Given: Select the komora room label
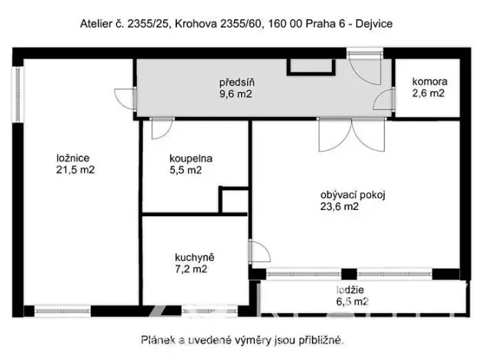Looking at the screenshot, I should click(x=429, y=82).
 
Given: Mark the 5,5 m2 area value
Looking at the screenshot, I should click(x=185, y=171).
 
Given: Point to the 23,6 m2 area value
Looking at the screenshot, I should click(x=339, y=206).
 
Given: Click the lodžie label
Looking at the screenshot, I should click(x=351, y=290).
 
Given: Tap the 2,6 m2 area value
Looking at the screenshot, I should click(x=429, y=94).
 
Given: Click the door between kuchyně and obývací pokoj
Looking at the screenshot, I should click(x=259, y=252).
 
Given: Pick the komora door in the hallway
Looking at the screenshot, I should click(x=382, y=99).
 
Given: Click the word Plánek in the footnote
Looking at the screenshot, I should click(x=158, y=338).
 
